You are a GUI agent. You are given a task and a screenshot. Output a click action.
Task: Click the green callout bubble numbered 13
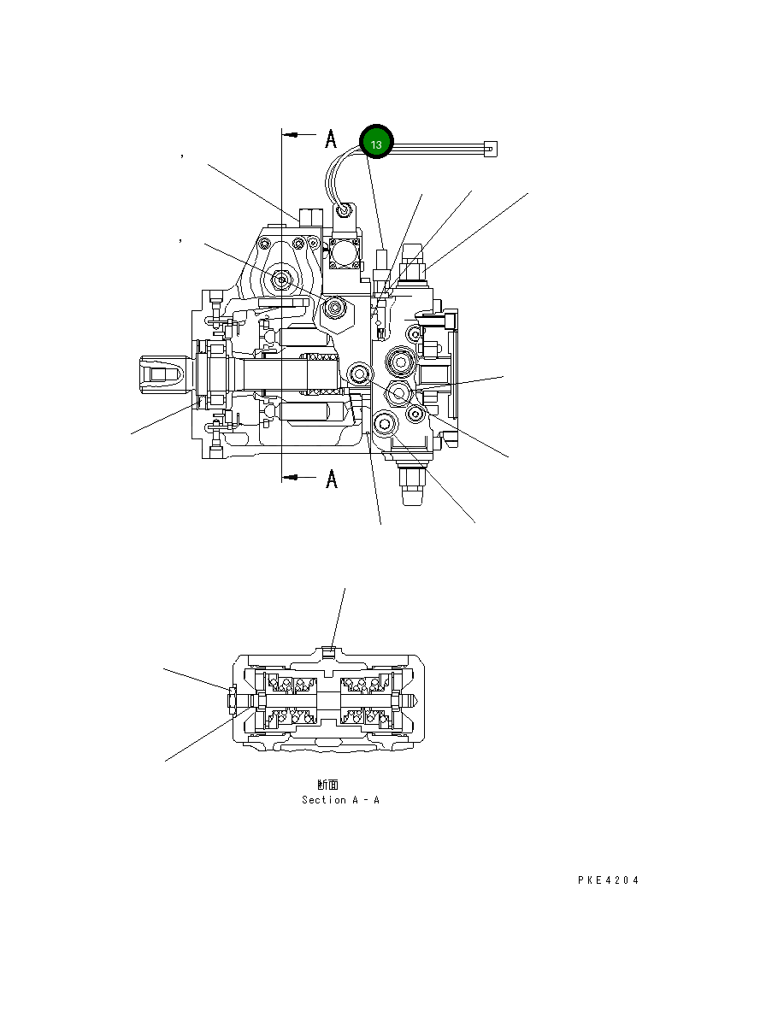[376, 144]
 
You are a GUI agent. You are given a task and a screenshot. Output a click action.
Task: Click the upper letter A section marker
[331, 138]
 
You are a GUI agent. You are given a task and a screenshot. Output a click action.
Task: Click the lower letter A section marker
[331, 480]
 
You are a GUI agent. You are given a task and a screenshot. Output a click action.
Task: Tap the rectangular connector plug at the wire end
[489, 149]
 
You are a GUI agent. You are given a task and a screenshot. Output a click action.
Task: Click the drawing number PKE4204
[608, 880]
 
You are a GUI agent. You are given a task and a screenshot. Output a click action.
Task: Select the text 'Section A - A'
[340, 800]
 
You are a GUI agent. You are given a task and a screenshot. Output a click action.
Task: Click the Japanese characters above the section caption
[327, 784]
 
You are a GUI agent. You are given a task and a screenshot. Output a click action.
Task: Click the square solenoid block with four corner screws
[345, 254]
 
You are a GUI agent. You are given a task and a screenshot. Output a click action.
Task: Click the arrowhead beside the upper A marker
[293, 135]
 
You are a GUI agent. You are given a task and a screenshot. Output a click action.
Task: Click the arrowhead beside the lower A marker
[293, 478]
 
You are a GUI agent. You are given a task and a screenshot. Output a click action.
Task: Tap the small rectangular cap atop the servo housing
[309, 215]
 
